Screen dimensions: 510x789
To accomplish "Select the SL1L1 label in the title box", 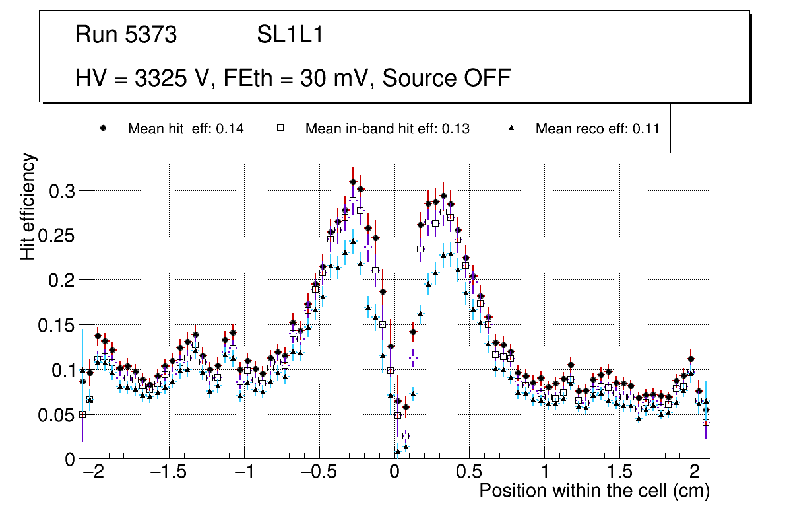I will [x=290, y=35].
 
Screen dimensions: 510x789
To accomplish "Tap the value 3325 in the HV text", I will [x=162, y=78].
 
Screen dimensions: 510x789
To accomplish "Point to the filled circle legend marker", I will [x=103, y=128].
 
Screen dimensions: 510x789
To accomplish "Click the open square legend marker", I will [x=280, y=128].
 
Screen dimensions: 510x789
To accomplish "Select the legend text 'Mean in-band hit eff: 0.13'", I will [x=387, y=129].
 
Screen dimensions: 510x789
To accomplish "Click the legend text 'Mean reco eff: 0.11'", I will [x=597, y=129].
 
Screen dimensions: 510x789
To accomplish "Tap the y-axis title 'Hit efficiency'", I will [x=28, y=206].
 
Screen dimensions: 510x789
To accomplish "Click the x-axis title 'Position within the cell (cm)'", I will [x=594, y=491].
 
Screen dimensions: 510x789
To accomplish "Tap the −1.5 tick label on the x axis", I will [x=168, y=473].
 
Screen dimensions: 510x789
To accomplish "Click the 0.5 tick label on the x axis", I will [x=470, y=473].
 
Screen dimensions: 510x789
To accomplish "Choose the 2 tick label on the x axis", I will [x=694, y=473].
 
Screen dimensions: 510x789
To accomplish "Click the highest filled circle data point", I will [x=353, y=182].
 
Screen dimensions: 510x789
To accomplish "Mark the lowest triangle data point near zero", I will [x=398, y=452].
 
